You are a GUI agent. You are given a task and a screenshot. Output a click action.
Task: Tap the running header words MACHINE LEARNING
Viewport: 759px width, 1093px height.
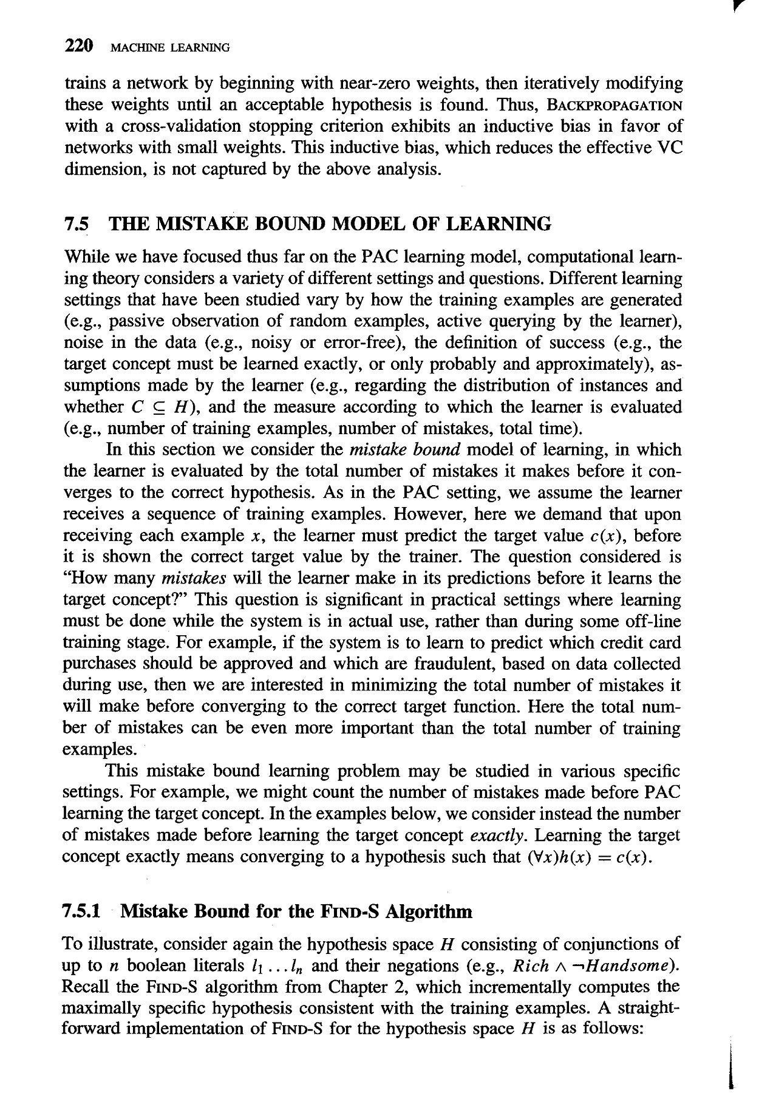click(x=167, y=47)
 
